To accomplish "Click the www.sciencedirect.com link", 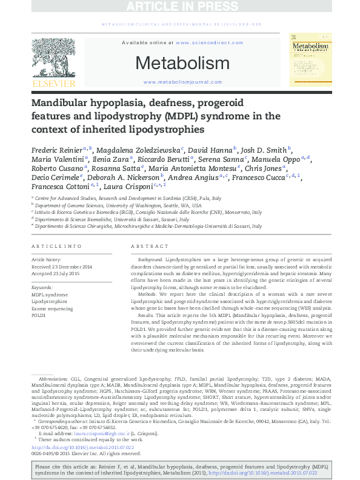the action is click(x=202, y=43).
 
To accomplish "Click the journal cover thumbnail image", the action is click(x=310, y=61).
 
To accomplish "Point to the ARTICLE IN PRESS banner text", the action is click(x=180, y=7).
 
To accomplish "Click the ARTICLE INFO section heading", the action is click(x=56, y=247).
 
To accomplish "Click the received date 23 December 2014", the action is click(x=70, y=266).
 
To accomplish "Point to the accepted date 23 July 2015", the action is click(x=66, y=273).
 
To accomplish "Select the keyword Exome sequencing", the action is click(x=52, y=308).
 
